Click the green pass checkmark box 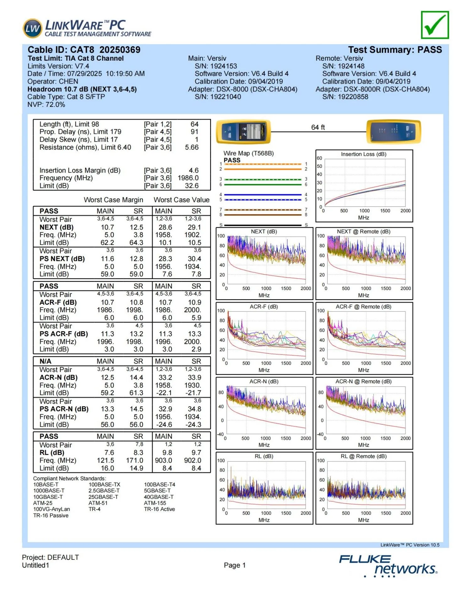pos(435,25)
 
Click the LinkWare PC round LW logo pos(32,29)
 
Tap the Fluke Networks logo pos(388,566)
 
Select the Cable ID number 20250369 pos(120,50)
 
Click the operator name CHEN pos(68,81)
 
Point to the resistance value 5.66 pos(192,147)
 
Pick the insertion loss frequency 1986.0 pos(188,178)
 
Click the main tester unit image pos(243,132)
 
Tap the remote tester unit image pos(393,132)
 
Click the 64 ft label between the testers pos(318,127)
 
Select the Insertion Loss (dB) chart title pos(364,154)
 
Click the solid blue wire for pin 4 pos(263,195)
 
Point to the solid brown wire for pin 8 pos(263,215)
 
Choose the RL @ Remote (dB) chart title pos(364,456)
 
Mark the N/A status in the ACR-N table pos(45,361)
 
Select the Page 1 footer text pos(235,565)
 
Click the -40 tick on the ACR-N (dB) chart pos(220,434)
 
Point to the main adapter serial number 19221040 pos(225,97)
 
